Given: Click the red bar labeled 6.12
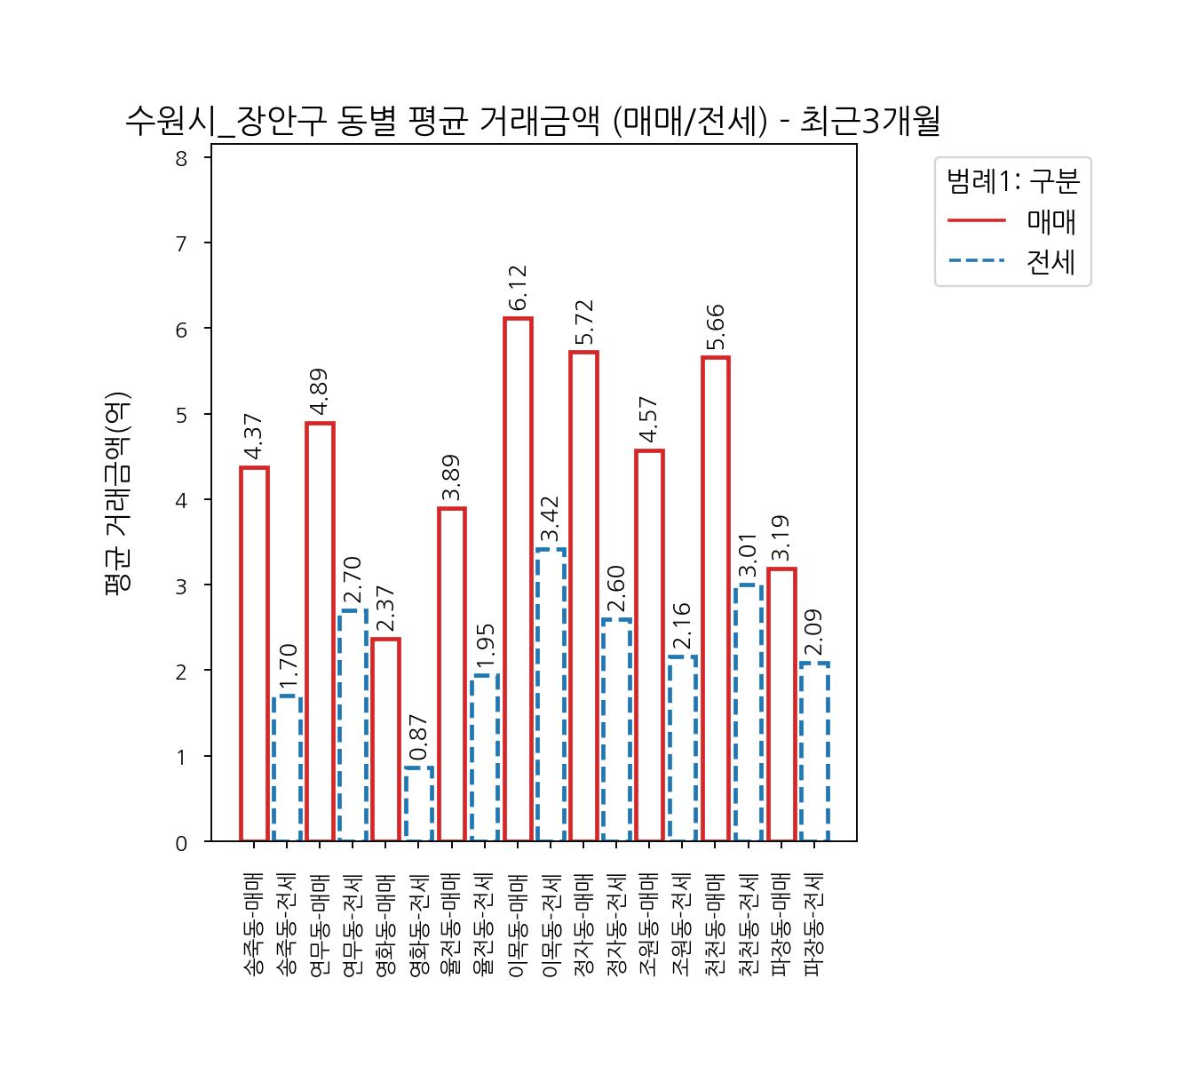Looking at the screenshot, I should [x=518, y=579].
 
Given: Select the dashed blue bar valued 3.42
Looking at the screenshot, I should [x=551, y=695].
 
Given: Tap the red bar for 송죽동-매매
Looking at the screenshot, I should [x=254, y=654].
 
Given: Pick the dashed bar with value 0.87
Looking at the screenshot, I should [x=419, y=804].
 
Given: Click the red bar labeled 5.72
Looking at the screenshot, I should [x=583, y=596].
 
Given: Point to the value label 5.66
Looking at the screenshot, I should [x=716, y=329].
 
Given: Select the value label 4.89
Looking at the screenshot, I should [x=320, y=393].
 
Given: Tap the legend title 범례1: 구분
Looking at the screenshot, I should [x=1013, y=181].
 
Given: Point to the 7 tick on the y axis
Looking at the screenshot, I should [x=182, y=244].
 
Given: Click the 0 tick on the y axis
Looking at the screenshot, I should [x=182, y=843].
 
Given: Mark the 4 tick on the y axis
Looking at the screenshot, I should [x=182, y=501].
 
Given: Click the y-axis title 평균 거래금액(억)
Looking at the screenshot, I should [x=118, y=493].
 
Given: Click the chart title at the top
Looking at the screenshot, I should [x=532, y=122].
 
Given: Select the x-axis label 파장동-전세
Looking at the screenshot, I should [x=814, y=925].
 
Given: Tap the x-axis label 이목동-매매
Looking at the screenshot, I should [x=518, y=925].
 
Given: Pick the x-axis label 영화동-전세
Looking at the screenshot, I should [x=419, y=925].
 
